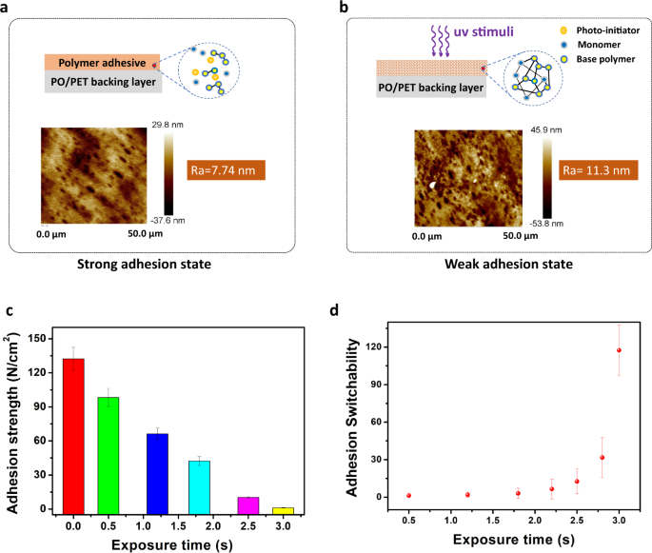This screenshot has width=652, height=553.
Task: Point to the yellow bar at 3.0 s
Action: coord(283,509)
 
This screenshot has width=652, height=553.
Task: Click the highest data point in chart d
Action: coord(619,350)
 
